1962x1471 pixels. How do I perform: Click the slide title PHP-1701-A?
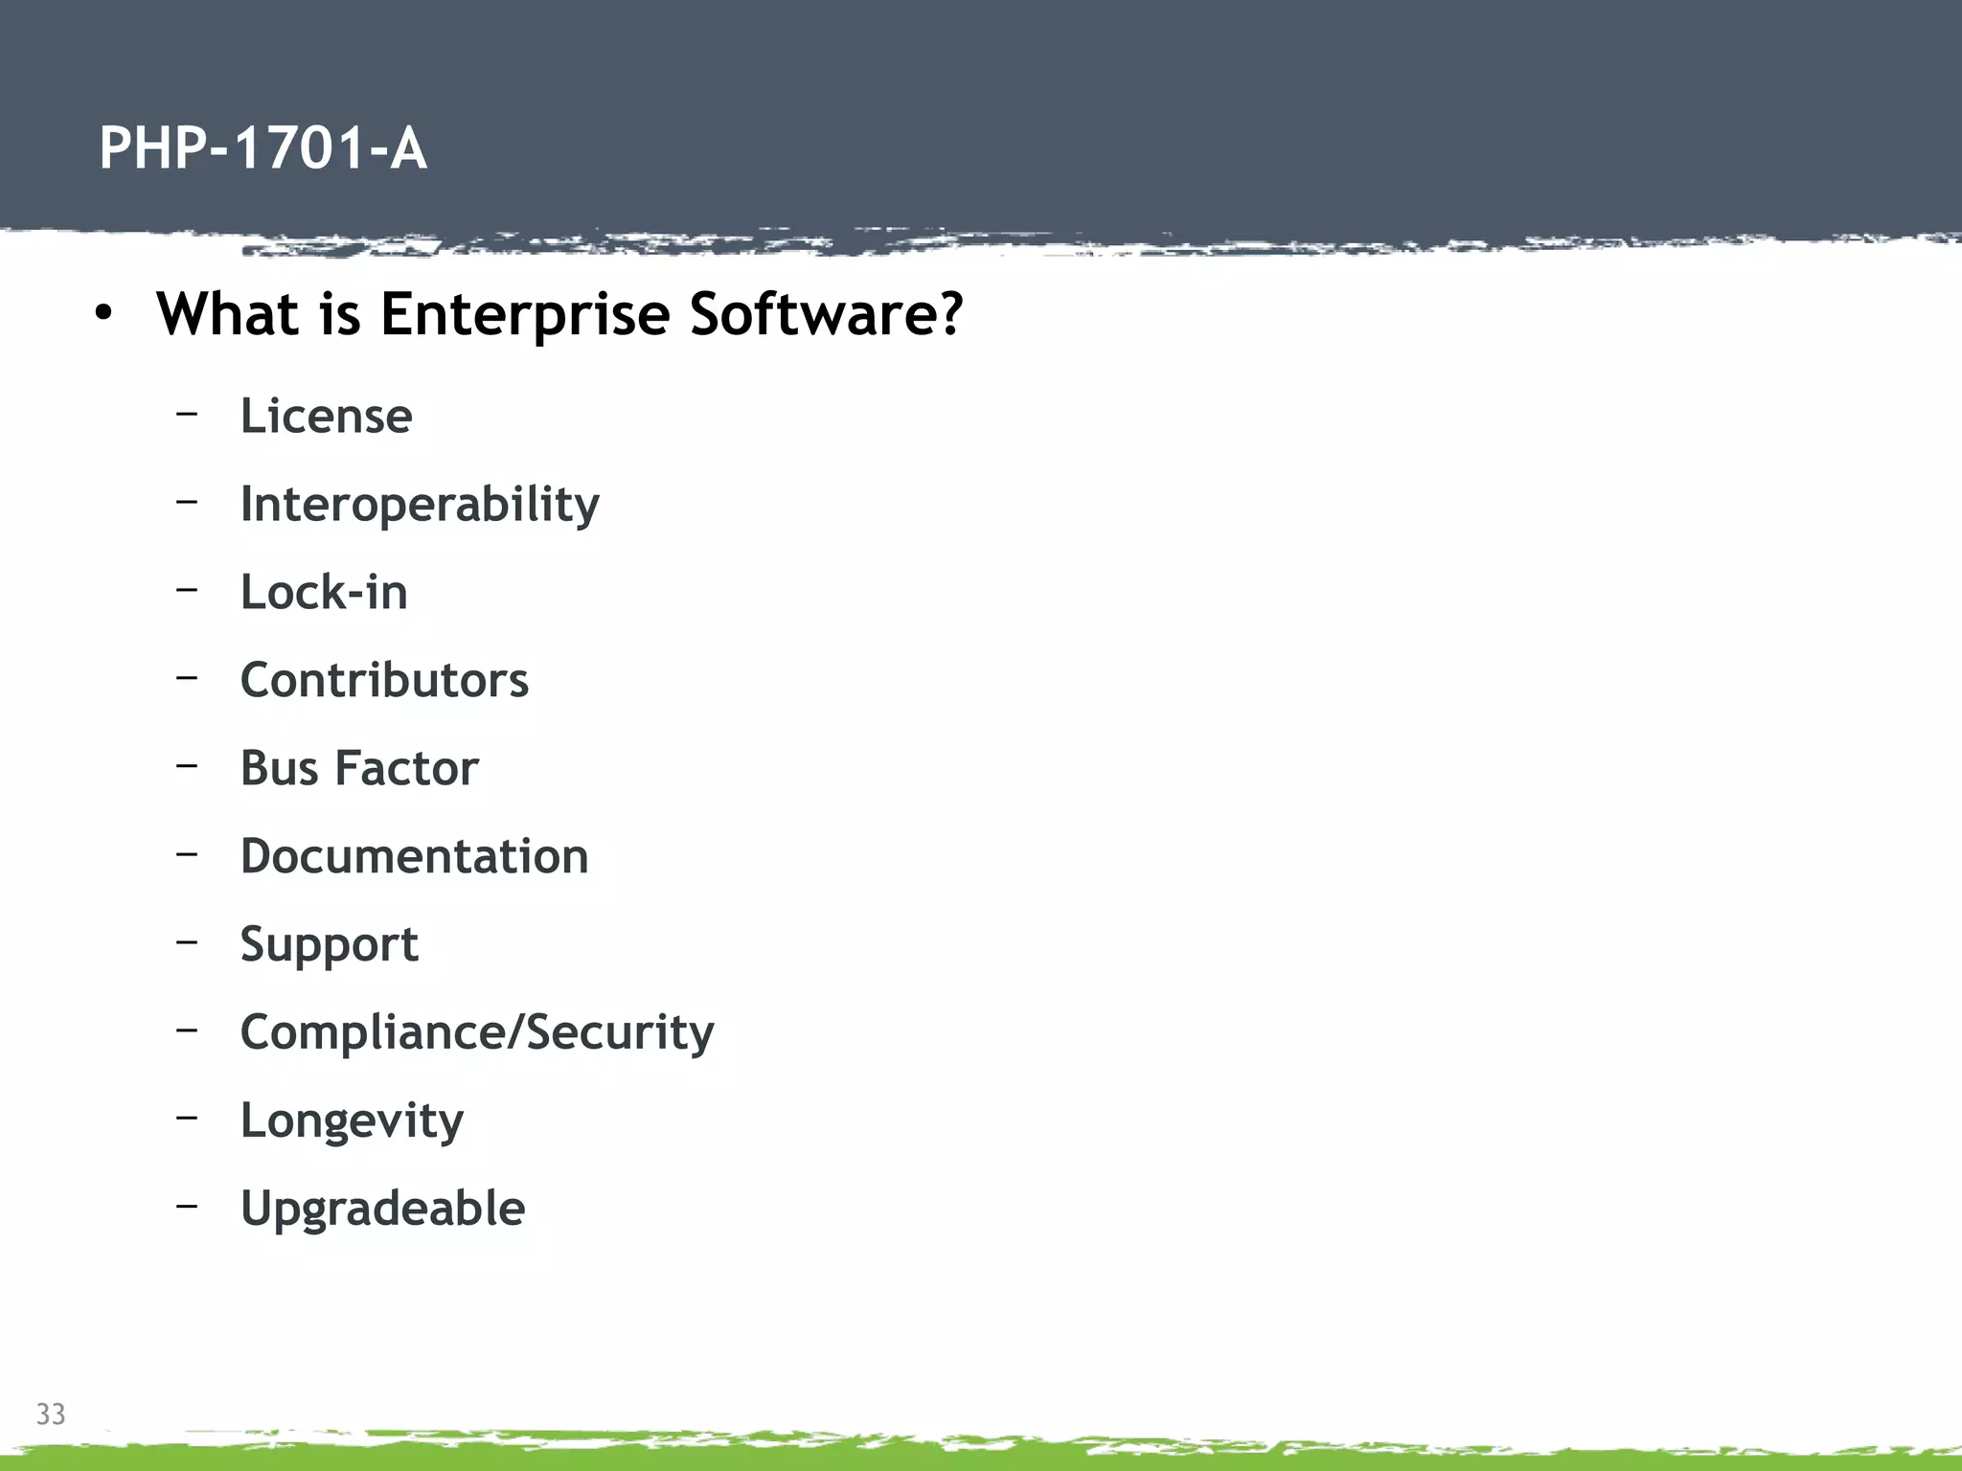click(262, 149)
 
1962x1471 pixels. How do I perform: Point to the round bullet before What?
click(103, 314)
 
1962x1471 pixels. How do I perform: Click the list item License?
click(326, 417)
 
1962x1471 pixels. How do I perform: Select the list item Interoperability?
click(420, 505)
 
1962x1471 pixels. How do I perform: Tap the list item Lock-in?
click(324, 592)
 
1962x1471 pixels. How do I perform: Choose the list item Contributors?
click(384, 680)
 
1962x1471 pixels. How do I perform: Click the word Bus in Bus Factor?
click(279, 768)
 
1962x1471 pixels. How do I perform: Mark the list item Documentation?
click(414, 856)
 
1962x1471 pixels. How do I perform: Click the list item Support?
click(329, 945)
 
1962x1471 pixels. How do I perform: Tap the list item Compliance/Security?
click(477, 1032)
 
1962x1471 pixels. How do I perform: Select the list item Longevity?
click(352, 1121)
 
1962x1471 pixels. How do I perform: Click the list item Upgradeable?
click(382, 1209)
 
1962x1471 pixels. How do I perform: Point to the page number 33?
click(51, 1414)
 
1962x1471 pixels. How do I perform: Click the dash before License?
click(187, 414)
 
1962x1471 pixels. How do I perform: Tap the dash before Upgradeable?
click(187, 1206)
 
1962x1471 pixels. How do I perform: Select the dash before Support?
click(187, 941)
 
